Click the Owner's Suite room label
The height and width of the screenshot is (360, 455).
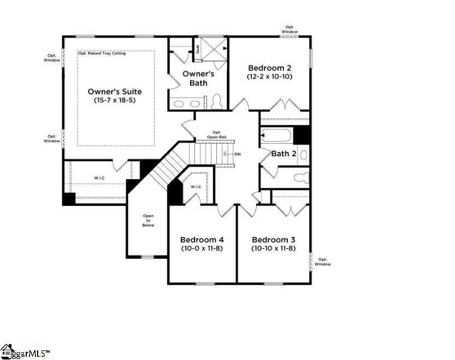pyautogui.click(x=115, y=92)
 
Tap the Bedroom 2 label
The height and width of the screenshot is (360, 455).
pyautogui.click(x=270, y=68)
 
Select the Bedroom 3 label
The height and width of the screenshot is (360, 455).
pyautogui.click(x=273, y=240)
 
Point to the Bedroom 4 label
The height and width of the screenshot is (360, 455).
pyautogui.click(x=202, y=240)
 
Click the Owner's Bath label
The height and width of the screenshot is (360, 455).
pyautogui.click(x=198, y=78)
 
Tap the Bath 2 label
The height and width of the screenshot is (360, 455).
pyautogui.click(x=284, y=154)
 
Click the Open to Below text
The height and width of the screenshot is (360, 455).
pyautogui.click(x=148, y=220)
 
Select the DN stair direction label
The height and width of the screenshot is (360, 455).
pyautogui.click(x=238, y=154)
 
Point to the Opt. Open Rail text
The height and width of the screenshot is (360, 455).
pyautogui.click(x=217, y=135)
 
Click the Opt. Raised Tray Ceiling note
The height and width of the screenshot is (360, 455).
pyautogui.click(x=102, y=54)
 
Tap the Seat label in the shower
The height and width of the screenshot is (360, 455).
pyautogui.click(x=198, y=49)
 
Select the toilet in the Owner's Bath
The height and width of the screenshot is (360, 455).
pyautogui.click(x=216, y=101)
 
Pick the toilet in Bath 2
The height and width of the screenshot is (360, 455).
pyautogui.click(x=302, y=178)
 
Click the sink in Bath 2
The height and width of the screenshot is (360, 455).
pyautogui.click(x=304, y=155)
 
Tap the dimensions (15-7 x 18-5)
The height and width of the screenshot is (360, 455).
pyautogui.click(x=115, y=101)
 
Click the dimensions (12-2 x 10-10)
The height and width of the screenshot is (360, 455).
pyautogui.click(x=270, y=76)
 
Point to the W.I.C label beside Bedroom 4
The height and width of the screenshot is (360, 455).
pyautogui.click(x=196, y=187)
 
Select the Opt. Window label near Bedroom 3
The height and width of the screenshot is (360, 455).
pyautogui.click(x=323, y=262)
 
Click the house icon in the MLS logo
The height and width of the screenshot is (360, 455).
pyautogui.click(x=6, y=351)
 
